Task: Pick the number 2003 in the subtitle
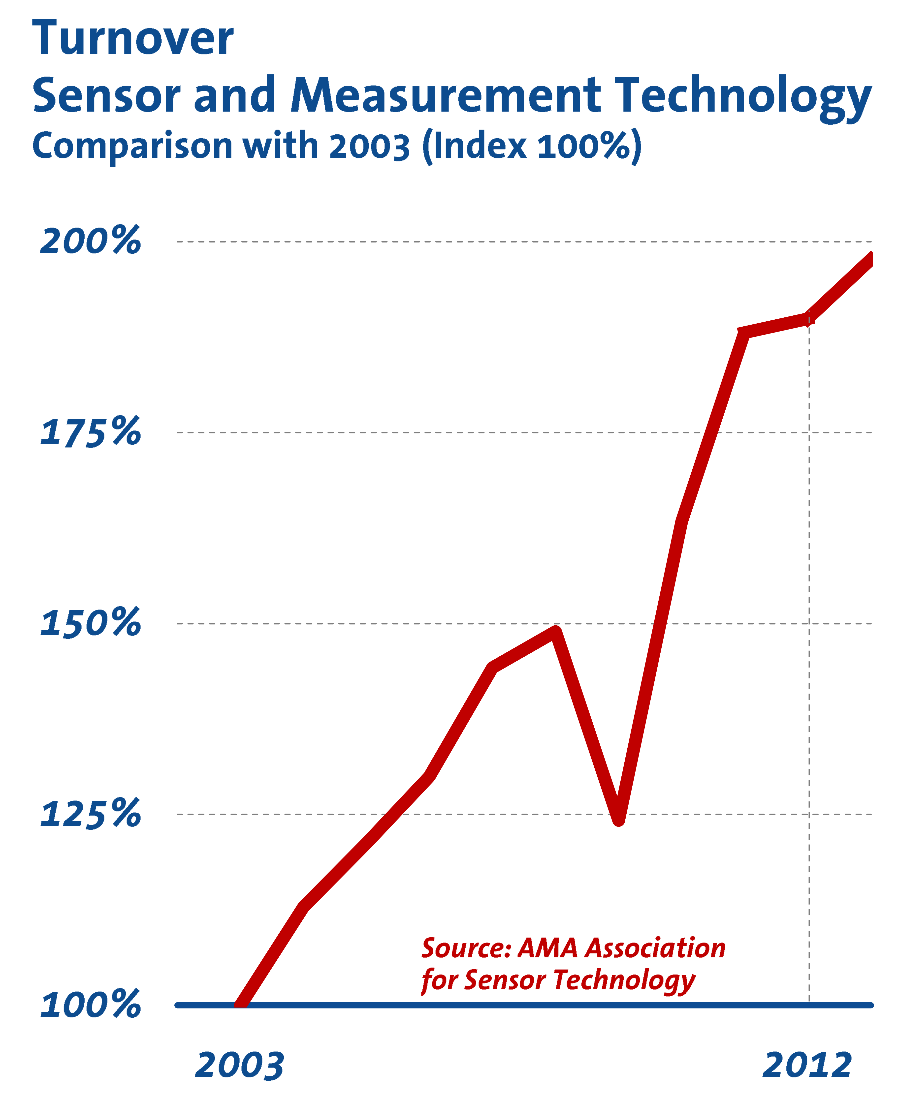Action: [369, 146]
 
